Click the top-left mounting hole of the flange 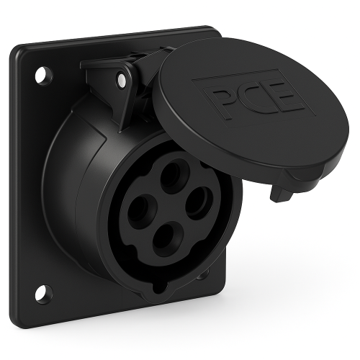point(43,75)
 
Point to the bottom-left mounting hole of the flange point(44,294)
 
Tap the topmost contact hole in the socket point(171,173)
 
